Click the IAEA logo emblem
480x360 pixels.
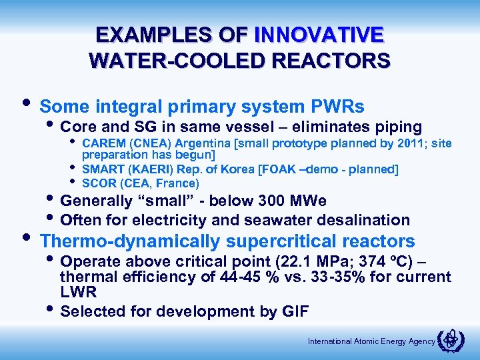click(451, 340)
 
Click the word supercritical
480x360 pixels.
click(281, 241)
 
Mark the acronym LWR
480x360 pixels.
click(79, 292)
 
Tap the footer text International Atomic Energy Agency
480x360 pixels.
click(371, 341)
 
